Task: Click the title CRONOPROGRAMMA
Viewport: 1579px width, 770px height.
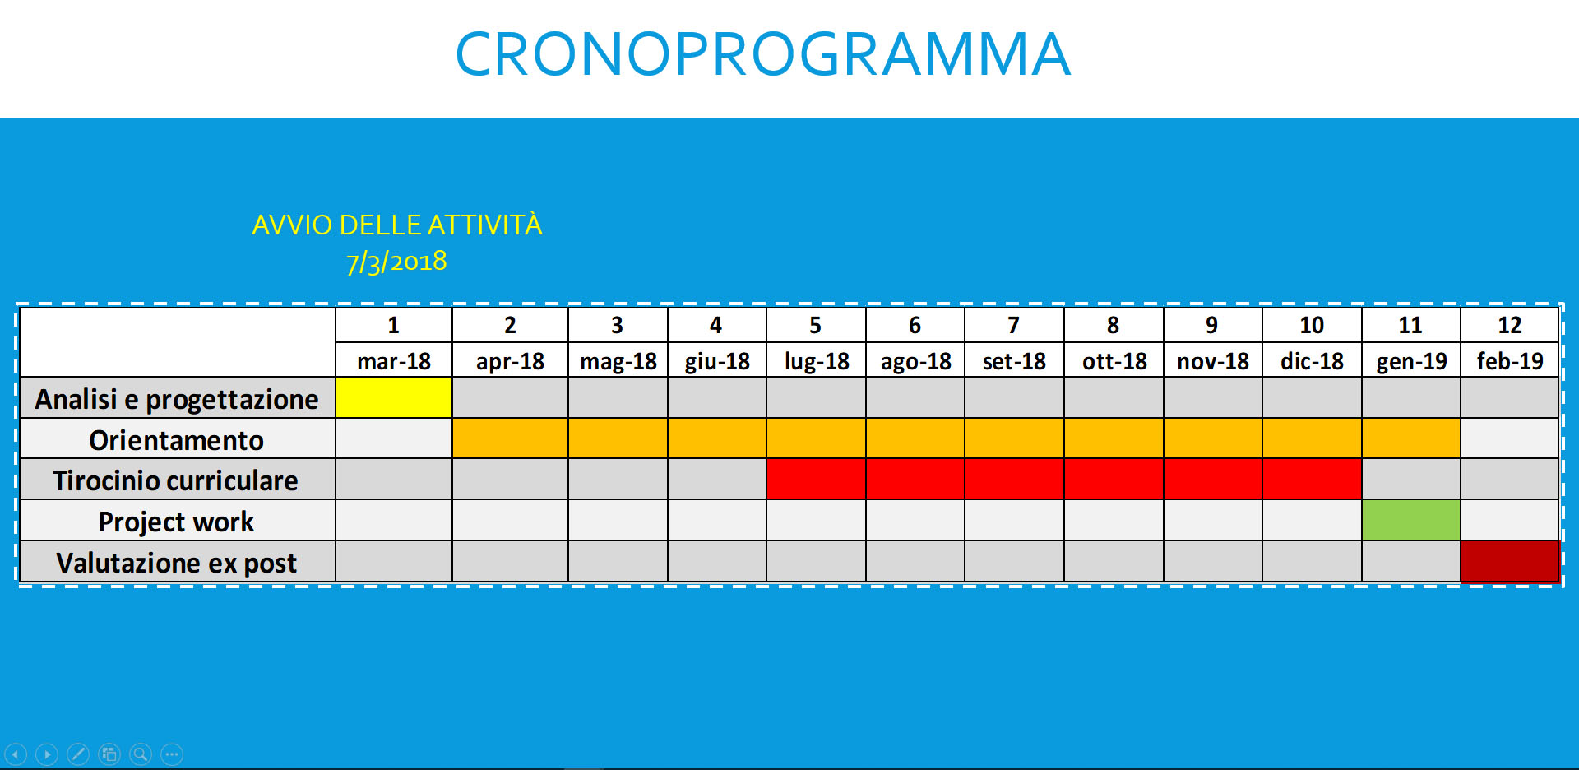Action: (763, 54)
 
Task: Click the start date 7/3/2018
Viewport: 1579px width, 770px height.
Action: (396, 262)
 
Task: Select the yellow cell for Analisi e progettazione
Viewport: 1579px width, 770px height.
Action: (394, 397)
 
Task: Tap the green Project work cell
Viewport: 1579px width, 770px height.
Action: (1410, 520)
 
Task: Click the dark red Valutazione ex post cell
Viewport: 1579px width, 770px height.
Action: (1510, 561)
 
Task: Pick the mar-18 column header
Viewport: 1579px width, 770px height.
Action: (394, 361)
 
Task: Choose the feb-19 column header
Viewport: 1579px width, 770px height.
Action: (1510, 361)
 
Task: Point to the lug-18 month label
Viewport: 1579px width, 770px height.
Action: (817, 361)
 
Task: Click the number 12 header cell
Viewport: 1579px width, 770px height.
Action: (1510, 325)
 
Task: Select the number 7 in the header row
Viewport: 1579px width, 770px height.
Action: (1013, 325)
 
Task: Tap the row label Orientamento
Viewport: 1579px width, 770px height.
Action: (176, 440)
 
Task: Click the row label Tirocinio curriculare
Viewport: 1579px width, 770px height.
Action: (175, 480)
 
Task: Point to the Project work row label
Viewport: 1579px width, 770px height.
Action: (176, 522)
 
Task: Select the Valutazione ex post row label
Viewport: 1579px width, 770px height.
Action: (176, 564)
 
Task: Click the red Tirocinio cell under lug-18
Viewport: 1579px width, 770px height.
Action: (816, 479)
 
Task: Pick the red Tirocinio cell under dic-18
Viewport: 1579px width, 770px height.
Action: (1312, 479)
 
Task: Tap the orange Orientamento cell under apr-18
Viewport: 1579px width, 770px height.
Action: (510, 438)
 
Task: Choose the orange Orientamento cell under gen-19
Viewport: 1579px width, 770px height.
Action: (1410, 438)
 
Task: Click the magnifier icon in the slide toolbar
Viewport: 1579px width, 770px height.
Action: (141, 754)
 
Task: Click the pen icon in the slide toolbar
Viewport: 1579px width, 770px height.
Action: (78, 754)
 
